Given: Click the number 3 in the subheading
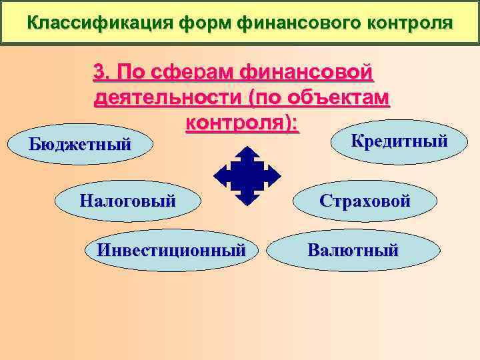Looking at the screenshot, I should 100,71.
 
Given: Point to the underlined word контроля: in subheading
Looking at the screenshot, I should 241,124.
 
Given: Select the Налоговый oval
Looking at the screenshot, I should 127,200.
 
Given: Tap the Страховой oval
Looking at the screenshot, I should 365,201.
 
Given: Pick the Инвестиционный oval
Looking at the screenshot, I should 171,251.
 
